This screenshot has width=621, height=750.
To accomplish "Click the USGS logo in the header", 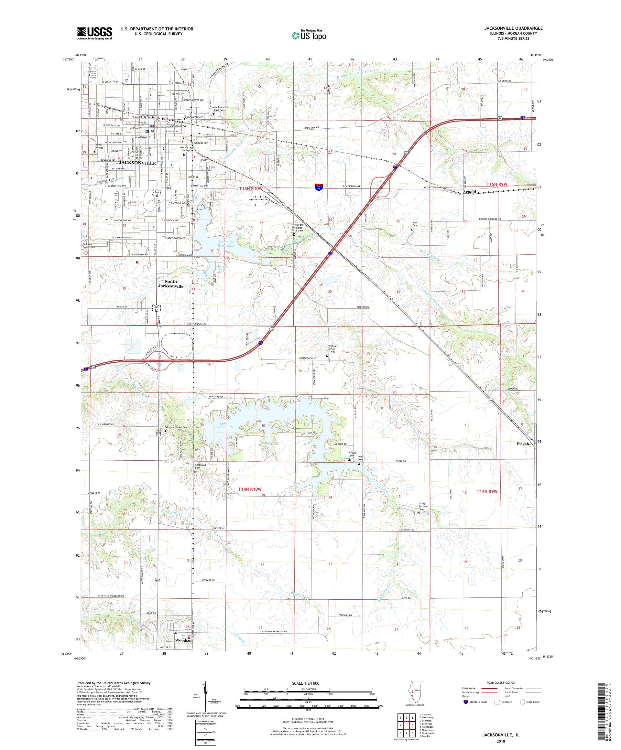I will point(94,33).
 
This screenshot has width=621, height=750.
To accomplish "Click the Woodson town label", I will point(184,640).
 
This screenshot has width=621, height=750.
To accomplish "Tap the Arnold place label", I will point(469,192).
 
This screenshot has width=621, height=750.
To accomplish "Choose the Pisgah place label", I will point(522,444).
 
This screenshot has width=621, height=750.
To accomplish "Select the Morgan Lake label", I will point(222,268).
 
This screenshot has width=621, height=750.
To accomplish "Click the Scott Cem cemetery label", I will point(415,224).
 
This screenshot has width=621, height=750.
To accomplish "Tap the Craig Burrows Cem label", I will point(423,507).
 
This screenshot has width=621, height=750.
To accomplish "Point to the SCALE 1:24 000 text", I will point(308,683).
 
